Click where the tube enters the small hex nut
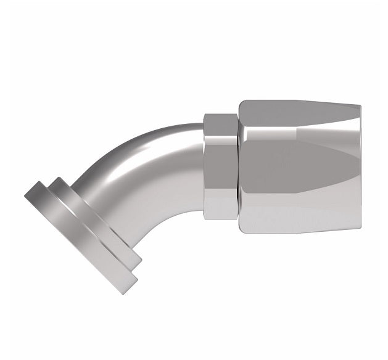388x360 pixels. [204, 166]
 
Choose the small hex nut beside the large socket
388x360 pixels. [221, 166]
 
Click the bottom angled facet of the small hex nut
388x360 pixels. [221, 210]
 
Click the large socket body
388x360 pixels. [296, 166]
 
